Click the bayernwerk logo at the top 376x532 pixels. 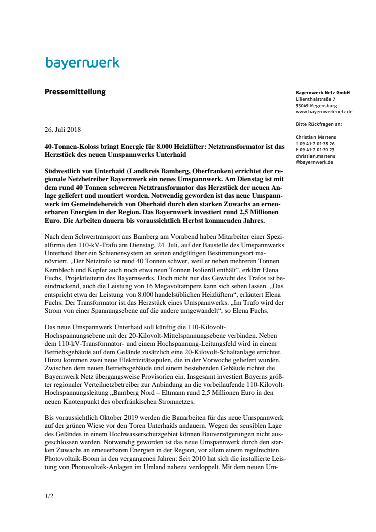point(83,63)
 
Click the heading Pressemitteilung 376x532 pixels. point(76,92)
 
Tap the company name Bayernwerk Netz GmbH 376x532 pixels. point(323,93)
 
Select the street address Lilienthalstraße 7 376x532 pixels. point(316,99)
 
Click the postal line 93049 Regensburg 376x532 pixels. point(317,105)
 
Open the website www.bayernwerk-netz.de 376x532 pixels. point(324,112)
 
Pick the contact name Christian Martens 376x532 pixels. point(316,137)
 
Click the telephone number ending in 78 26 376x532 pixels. point(318,143)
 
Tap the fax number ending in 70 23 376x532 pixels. point(318,150)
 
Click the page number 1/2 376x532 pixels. point(49,496)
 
